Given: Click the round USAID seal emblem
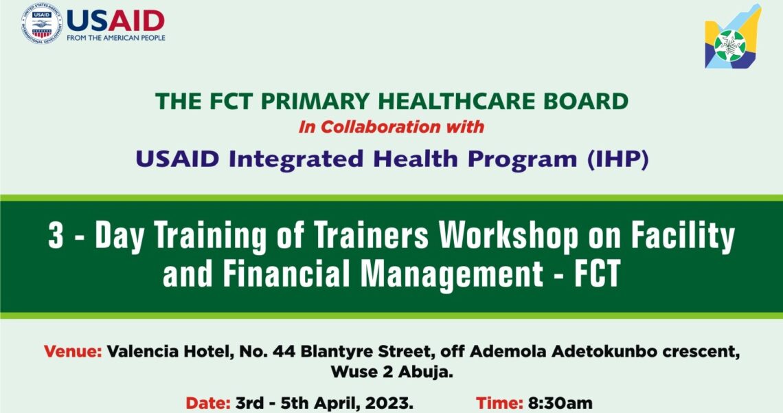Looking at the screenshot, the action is [42, 23].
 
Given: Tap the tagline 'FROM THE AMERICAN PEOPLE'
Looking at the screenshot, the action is [116, 38].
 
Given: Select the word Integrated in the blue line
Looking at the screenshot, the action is [296, 159].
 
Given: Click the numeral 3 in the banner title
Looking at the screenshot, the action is [56, 235].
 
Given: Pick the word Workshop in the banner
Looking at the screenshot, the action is [508, 235].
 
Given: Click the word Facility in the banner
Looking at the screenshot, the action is [683, 236].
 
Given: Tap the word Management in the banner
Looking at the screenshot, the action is [451, 274].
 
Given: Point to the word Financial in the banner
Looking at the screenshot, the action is [286, 273].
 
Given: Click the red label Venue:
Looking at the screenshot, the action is [73, 351].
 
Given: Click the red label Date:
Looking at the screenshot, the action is [208, 403].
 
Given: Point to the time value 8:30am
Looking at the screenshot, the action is [560, 403].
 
